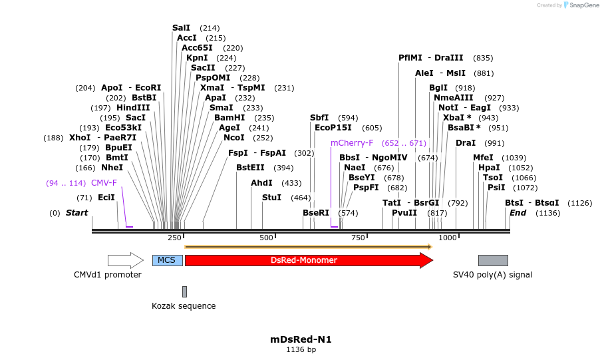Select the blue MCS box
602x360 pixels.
(167, 260)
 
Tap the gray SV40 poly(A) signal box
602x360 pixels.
(493, 260)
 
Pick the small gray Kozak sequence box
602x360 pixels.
(184, 291)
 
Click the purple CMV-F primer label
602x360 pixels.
(104, 182)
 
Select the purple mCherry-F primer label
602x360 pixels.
(352, 142)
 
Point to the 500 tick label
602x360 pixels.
(266, 238)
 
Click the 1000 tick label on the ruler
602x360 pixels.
(448, 238)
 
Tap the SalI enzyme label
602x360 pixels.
(181, 28)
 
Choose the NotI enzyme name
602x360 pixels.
(448, 107)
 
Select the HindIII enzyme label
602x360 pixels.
(133, 107)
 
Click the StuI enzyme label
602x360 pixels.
(271, 197)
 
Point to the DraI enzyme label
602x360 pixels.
(466, 142)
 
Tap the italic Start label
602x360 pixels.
(76, 212)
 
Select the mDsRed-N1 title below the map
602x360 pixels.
(301, 339)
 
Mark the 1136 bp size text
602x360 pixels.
(301, 349)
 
